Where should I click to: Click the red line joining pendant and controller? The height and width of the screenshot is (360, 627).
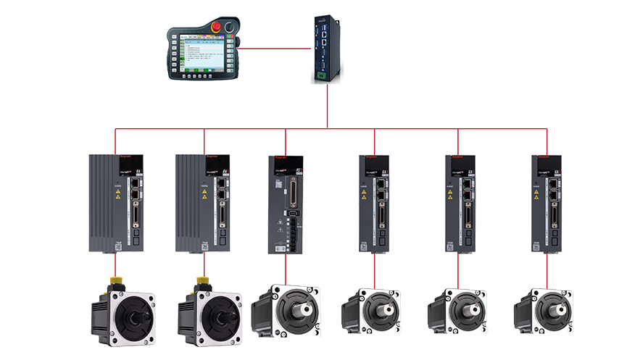pyautogui.click(x=273, y=50)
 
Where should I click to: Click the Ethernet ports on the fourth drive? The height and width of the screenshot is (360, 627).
pyautogui.click(x=381, y=190)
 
